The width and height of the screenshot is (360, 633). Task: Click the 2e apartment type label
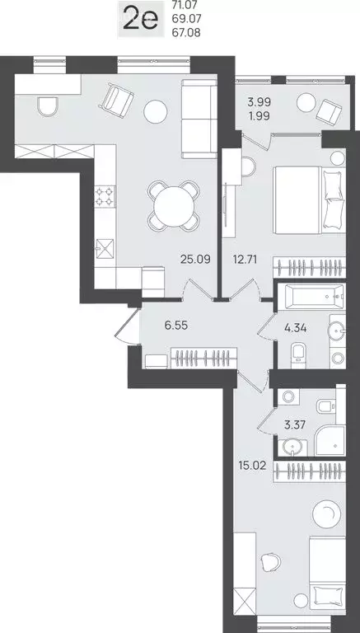(140, 21)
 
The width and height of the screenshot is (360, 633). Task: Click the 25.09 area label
(195, 259)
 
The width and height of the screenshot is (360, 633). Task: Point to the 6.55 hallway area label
(176, 326)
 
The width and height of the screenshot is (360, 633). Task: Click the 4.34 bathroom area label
(295, 328)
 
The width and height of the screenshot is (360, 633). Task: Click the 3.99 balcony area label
(259, 101)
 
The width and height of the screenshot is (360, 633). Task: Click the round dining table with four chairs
(174, 206)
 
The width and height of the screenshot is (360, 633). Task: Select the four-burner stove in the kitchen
(105, 197)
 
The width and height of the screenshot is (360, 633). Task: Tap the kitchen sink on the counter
(104, 249)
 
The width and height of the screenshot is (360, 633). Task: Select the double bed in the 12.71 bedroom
(309, 200)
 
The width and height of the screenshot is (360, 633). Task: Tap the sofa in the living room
(199, 119)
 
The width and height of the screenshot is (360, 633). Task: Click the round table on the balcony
(306, 102)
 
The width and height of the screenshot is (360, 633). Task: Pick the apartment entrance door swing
(126, 326)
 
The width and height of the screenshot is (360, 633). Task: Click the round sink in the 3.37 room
(291, 448)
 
